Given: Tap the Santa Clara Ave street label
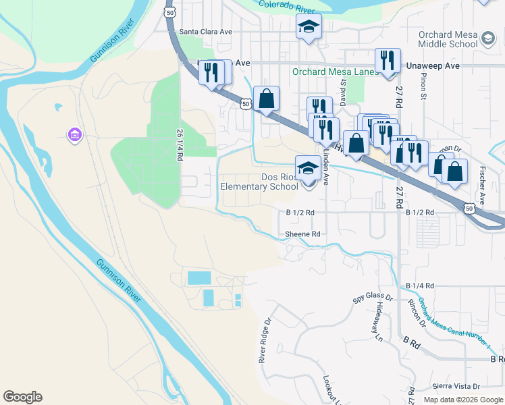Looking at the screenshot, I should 206,31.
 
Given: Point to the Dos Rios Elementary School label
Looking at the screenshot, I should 259,182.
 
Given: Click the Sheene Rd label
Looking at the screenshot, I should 302,234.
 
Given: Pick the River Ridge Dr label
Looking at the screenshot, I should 265,342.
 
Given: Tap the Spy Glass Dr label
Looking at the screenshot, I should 373,297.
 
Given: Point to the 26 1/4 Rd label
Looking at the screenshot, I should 180,144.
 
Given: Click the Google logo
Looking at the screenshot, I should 22,397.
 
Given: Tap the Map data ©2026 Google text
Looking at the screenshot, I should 463,400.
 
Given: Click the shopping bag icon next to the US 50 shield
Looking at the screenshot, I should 267,99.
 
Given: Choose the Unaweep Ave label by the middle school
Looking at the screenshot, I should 433,65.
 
